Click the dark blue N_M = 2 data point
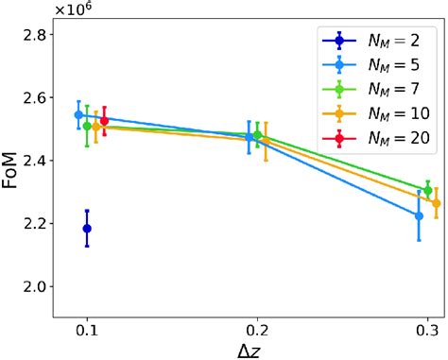pyautogui.click(x=87, y=228)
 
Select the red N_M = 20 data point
pyautogui.click(x=104, y=121)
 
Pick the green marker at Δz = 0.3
pyautogui.click(x=427, y=190)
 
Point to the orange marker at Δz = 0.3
pyautogui.click(x=436, y=203)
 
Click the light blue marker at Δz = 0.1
pyautogui.click(x=78, y=114)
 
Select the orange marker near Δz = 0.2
pyautogui.click(x=266, y=141)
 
